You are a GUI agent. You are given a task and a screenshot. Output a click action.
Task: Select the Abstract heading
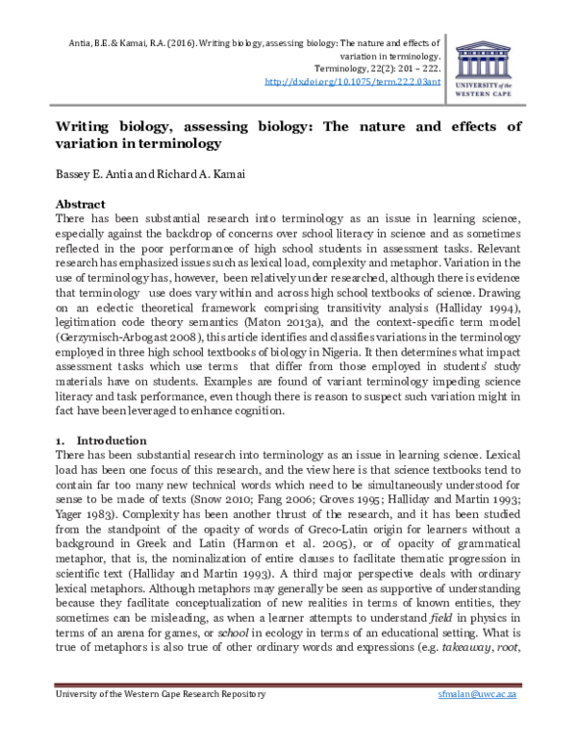point(82,205)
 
